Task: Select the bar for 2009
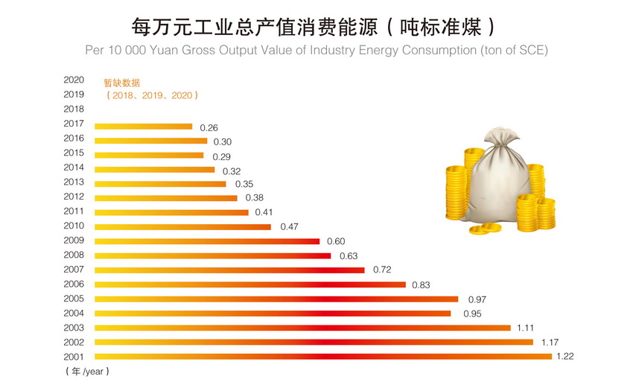[x=207, y=241]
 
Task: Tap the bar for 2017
[x=143, y=126]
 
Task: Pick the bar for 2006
[x=249, y=284]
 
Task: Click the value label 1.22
[x=564, y=357]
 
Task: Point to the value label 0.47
[x=289, y=226]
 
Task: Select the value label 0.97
[x=477, y=299]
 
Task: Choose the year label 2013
[x=74, y=182]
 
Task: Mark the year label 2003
[x=74, y=328]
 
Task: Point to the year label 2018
[x=74, y=109]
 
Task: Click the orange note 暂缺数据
[x=121, y=83]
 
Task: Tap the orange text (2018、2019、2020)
[x=152, y=95]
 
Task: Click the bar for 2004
[x=273, y=313]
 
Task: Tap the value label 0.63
[x=349, y=255]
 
